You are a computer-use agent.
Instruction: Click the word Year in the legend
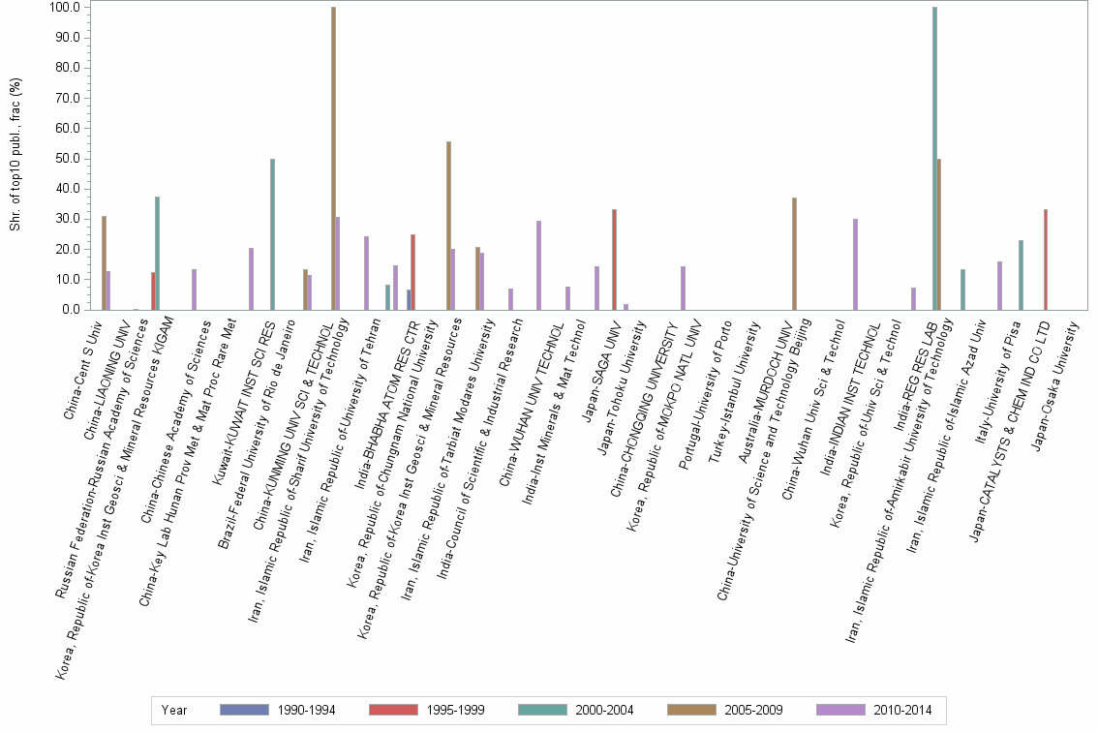click(x=174, y=711)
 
